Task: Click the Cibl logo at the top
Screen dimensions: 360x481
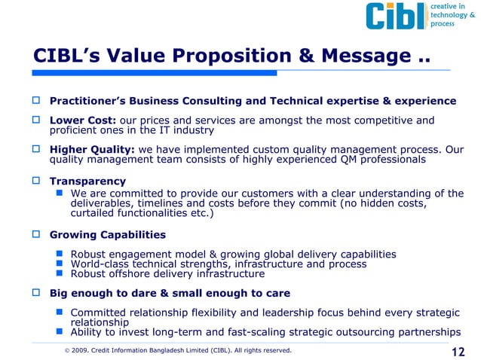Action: [394, 16]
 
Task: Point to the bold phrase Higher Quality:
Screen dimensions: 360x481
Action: [91, 149]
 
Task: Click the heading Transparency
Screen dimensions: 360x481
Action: [87, 182]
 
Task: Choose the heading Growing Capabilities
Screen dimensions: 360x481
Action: [108, 235]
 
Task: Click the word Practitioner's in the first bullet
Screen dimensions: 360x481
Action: [90, 100]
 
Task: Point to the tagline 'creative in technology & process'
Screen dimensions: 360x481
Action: [452, 15]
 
